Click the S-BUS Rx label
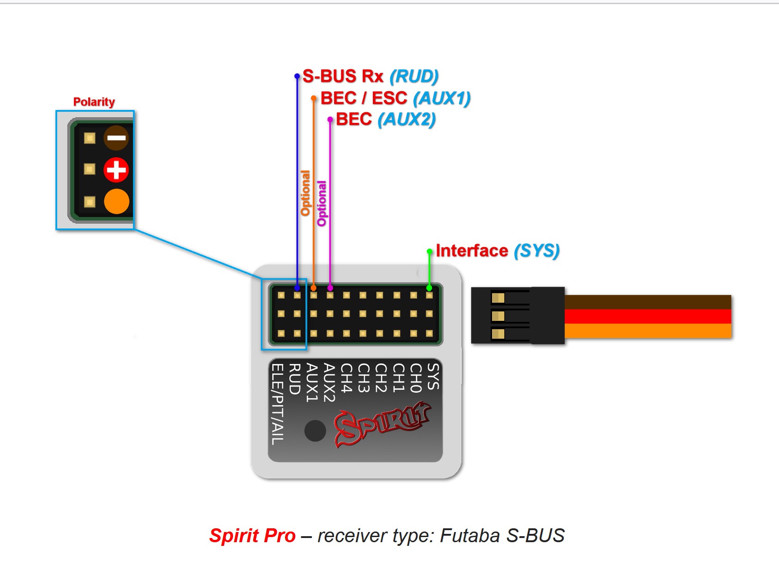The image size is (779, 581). pos(343,76)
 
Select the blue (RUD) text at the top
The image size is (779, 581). pos(414,76)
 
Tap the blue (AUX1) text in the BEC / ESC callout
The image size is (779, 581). pos(442,98)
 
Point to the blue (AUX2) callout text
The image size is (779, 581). pos(407,119)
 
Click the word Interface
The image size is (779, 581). pos(472,251)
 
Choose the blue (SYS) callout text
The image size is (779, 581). pos(536,251)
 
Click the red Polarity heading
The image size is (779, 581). pos(94,102)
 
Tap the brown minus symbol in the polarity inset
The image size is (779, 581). pos(116,138)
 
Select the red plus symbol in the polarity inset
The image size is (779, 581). pos(116,170)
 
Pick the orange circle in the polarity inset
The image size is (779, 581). pos(116,202)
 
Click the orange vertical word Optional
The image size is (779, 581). pos(305,193)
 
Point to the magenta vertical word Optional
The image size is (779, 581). pos(322,203)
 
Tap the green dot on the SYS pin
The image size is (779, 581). pos(429,288)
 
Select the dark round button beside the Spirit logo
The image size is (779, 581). pos(315,430)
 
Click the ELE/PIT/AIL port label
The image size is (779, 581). pos(277,404)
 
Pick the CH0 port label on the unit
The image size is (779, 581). pos(416,378)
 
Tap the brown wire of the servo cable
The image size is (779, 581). pos(647,302)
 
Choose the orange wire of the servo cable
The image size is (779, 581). pos(647,331)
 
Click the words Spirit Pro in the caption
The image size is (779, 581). pos(252,536)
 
